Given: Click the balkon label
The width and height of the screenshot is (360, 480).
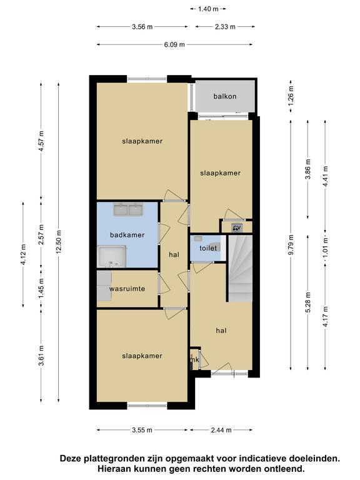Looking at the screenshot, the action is click(225, 96).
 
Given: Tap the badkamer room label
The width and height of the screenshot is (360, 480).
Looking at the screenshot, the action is click(127, 235).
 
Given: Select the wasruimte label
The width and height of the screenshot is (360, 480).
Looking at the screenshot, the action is click(127, 289).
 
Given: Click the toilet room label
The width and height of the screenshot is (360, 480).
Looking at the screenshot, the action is click(208, 248).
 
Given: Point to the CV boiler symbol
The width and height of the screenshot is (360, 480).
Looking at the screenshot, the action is click(237, 227).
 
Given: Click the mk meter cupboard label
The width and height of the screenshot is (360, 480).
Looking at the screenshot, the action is click(195, 360).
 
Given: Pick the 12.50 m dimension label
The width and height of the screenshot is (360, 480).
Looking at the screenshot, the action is click(59, 241).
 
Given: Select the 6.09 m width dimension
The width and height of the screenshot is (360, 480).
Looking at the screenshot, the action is click(174, 45).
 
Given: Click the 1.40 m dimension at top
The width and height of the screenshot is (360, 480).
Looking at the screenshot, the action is click(208, 9).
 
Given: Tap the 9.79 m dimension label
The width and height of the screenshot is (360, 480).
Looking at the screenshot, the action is click(291, 244).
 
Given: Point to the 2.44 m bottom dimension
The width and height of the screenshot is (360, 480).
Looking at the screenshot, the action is click(221, 430).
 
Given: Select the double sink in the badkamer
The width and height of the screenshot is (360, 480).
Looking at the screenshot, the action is click(128, 209).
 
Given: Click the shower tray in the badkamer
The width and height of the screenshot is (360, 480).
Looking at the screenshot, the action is click(112, 256).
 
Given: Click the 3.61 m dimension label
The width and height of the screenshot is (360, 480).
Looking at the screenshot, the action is click(42, 355).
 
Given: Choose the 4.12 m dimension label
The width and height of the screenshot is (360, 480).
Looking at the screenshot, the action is click(24, 254).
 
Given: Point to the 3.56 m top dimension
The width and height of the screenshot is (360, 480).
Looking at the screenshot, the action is click(142, 27).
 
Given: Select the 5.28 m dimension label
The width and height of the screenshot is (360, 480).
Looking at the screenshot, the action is click(308, 302).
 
